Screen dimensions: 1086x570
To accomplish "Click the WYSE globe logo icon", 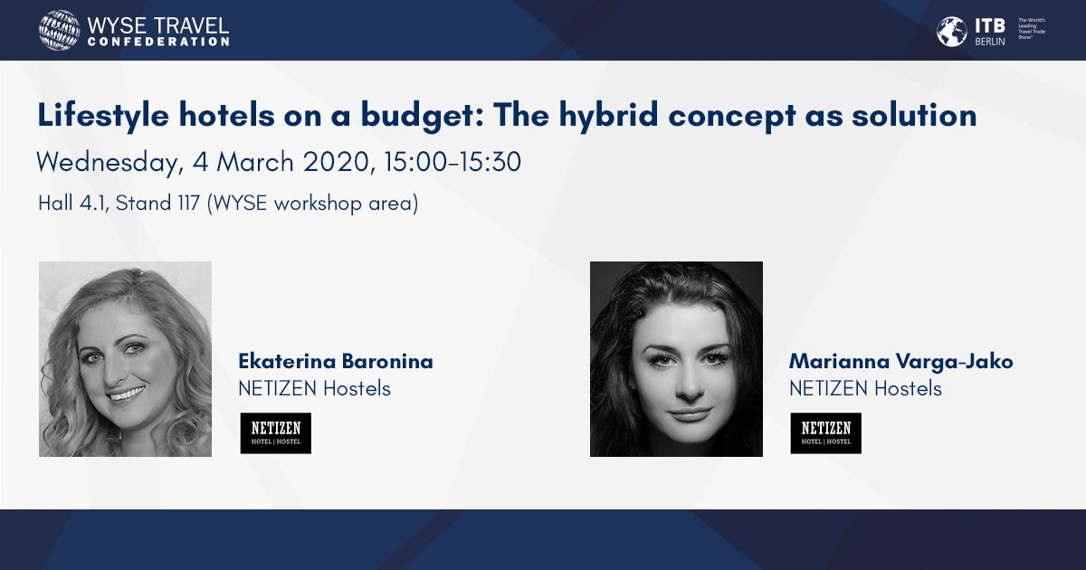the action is pos(59,30).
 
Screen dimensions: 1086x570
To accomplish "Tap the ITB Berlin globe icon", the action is pos(951,32).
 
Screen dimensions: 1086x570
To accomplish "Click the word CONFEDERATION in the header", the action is pos(158,42).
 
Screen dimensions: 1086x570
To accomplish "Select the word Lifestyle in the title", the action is pos(103,117).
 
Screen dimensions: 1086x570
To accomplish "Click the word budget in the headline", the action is pos(423,117).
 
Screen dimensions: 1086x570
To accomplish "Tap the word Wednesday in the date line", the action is pos(110,162).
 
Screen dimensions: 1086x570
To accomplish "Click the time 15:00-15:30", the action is pos(452,162).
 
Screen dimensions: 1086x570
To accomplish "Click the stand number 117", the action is pos(188,203).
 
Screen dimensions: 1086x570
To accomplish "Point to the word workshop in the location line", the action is pos(318,204).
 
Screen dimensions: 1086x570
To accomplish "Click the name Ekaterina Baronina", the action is pos(336,362).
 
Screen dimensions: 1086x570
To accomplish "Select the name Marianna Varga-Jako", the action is pos(900,362).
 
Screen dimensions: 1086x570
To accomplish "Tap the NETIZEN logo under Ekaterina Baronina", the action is pos(276,433).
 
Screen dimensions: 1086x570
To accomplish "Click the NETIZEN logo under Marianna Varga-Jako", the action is pos(826,433).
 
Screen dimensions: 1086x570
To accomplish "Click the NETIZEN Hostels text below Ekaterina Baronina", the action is pos(315,389).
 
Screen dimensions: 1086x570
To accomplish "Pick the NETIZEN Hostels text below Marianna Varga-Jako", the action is pos(865,389).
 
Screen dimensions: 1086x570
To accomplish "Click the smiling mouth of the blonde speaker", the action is pos(127,394).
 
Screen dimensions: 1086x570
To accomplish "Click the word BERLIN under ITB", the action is pos(990,42).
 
